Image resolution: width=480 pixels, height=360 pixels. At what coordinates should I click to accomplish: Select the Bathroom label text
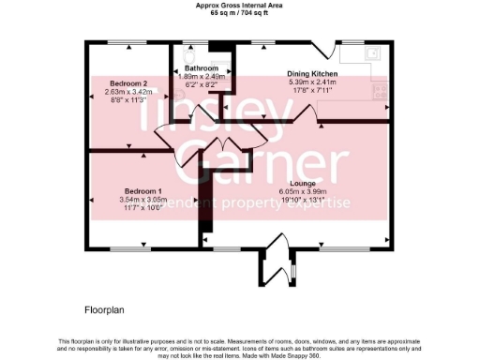click(201, 69)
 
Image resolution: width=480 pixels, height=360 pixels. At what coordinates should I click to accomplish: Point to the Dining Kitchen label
click(310, 72)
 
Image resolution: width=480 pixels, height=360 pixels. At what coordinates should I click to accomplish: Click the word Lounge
click(301, 183)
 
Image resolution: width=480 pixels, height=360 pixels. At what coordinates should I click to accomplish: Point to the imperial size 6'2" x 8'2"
click(201, 84)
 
